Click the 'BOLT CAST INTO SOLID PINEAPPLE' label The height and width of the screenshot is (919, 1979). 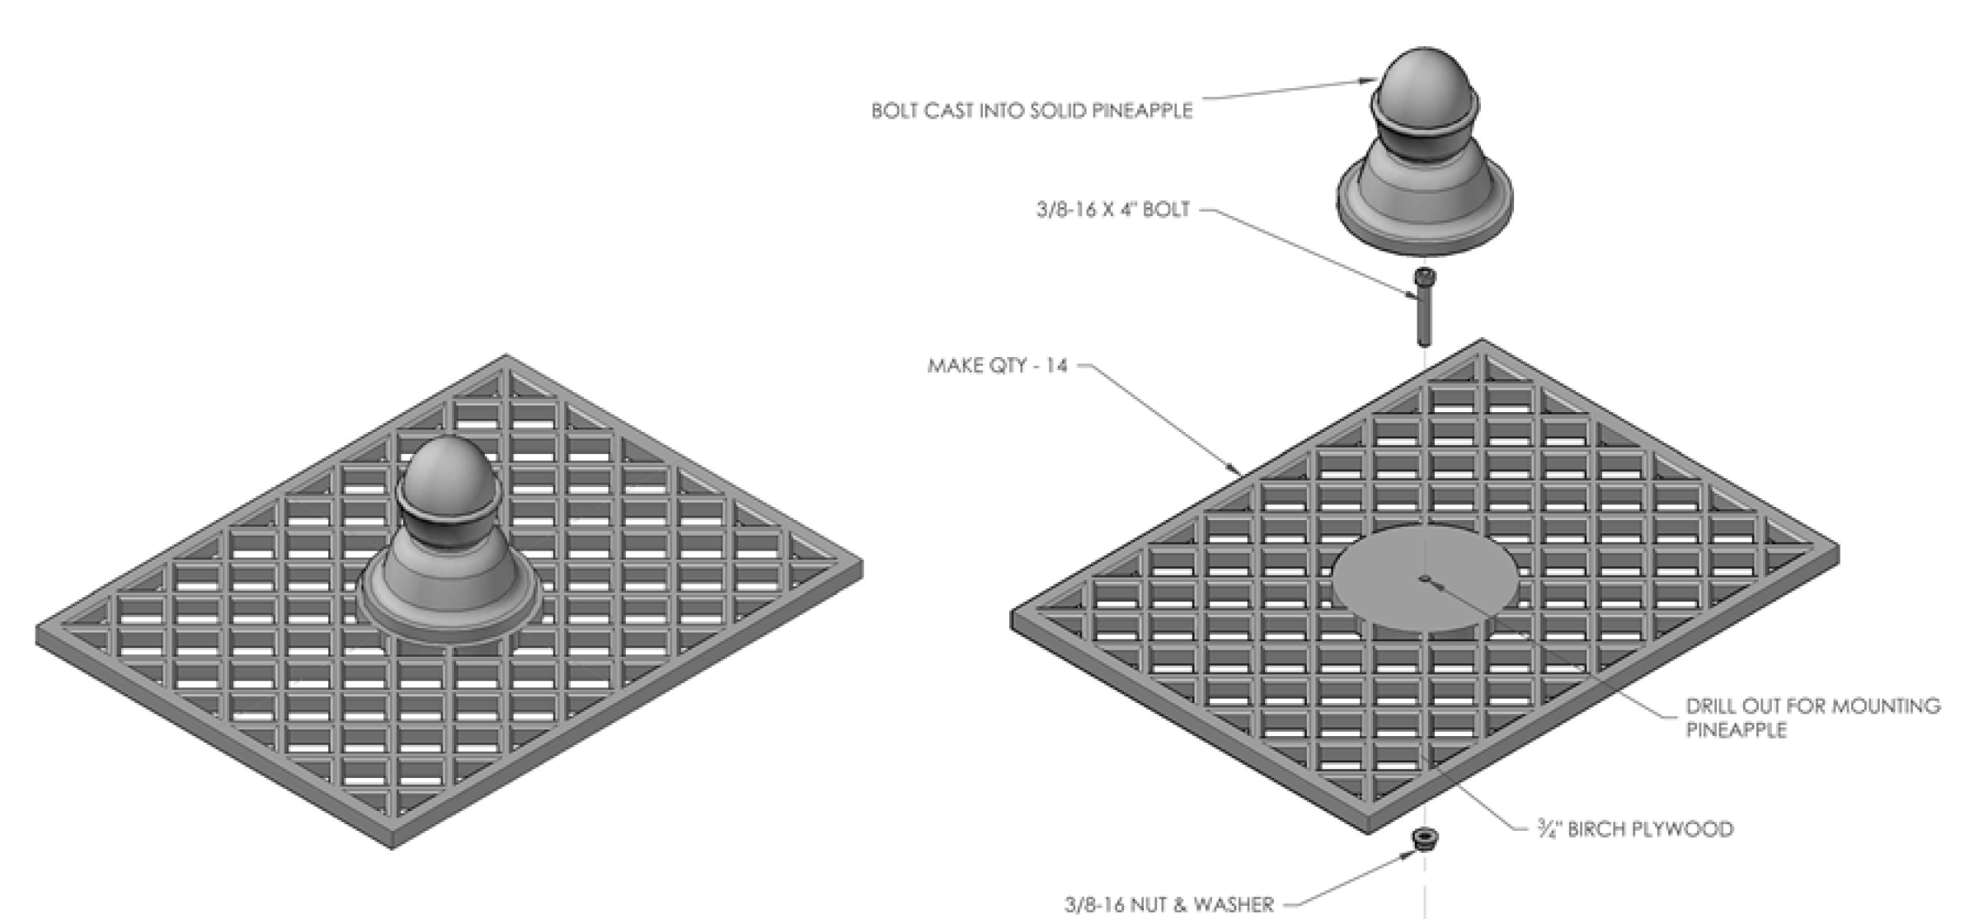click(1032, 110)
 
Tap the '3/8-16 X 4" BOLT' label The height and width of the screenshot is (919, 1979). click(1112, 209)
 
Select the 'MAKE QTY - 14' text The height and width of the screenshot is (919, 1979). click(997, 365)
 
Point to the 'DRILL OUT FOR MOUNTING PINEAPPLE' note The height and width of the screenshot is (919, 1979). click(1812, 717)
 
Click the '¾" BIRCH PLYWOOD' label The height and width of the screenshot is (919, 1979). click(1635, 828)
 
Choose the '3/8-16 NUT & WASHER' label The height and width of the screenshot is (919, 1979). click(1168, 904)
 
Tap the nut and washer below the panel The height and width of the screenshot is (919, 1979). click(1424, 840)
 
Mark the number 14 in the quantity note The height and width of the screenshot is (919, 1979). click(1056, 365)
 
